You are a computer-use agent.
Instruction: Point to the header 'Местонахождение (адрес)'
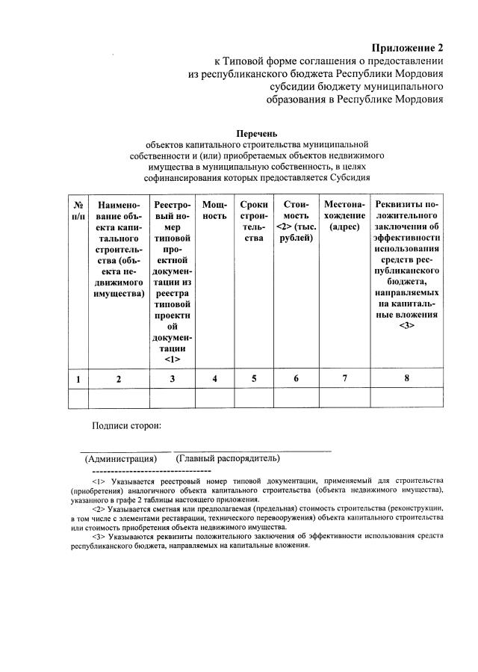pyautogui.click(x=344, y=215)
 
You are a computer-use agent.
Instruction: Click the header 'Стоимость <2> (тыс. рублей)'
pyautogui.click(x=296, y=221)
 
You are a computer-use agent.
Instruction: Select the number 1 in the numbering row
pyautogui.click(x=78, y=379)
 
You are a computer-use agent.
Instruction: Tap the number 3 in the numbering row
pyautogui.click(x=173, y=379)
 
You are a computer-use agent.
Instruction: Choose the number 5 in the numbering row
pyautogui.click(x=254, y=379)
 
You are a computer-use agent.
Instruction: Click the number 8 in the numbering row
pyautogui.click(x=407, y=378)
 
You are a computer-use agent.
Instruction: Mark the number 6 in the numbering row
pyautogui.click(x=296, y=379)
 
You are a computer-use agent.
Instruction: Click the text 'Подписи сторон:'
pyautogui.click(x=126, y=425)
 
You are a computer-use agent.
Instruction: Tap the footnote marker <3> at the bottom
pyautogui.click(x=98, y=537)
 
